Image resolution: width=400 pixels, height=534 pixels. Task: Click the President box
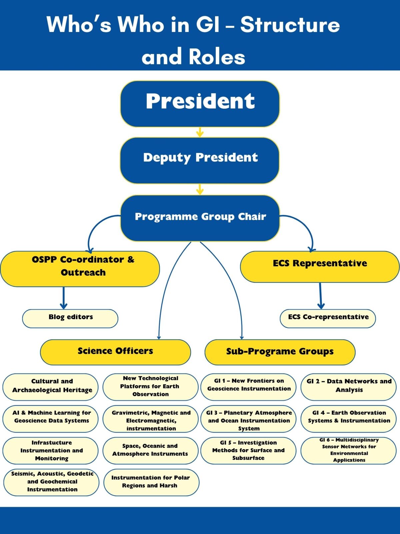[x=200, y=104]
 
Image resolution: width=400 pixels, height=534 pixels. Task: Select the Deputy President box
[x=200, y=160]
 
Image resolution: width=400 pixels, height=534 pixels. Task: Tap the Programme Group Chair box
[x=200, y=218]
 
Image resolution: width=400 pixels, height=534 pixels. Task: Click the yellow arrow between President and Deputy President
[x=200, y=132]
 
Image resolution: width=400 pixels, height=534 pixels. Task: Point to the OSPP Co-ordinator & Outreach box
[x=80, y=269]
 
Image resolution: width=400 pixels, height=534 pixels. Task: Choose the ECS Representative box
[x=320, y=267]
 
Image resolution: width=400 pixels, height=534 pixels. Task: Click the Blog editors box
[x=70, y=319]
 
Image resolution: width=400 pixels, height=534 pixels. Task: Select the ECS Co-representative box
[x=328, y=319]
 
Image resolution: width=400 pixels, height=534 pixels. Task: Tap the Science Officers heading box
[x=115, y=352]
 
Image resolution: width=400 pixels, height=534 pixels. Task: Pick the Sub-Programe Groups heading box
[x=280, y=352]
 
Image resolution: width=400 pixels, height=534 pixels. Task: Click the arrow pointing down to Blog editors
[x=64, y=298]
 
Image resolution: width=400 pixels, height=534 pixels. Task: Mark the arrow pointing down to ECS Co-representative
[x=321, y=296]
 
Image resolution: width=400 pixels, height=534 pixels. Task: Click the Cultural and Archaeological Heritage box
[x=51, y=387]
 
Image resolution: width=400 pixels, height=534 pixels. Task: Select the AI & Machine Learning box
[x=51, y=419]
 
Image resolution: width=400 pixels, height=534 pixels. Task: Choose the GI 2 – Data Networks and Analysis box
[x=349, y=387]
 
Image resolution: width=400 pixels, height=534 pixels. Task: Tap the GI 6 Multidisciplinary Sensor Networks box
[x=349, y=451]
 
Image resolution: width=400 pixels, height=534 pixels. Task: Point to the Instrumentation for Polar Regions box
[x=151, y=482]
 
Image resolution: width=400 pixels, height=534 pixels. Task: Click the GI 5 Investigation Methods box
[x=248, y=451]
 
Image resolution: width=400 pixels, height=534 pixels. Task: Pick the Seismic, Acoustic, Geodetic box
[x=51, y=482]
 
